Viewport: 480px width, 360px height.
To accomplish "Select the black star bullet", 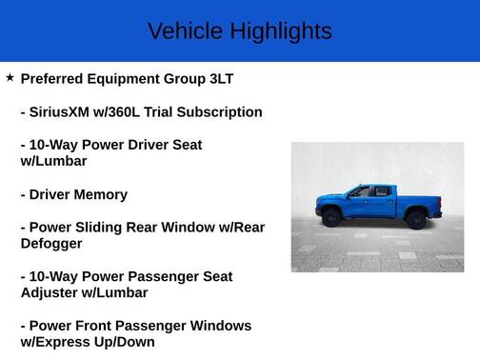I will [10, 77].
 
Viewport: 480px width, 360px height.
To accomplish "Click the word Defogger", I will [56, 244].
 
